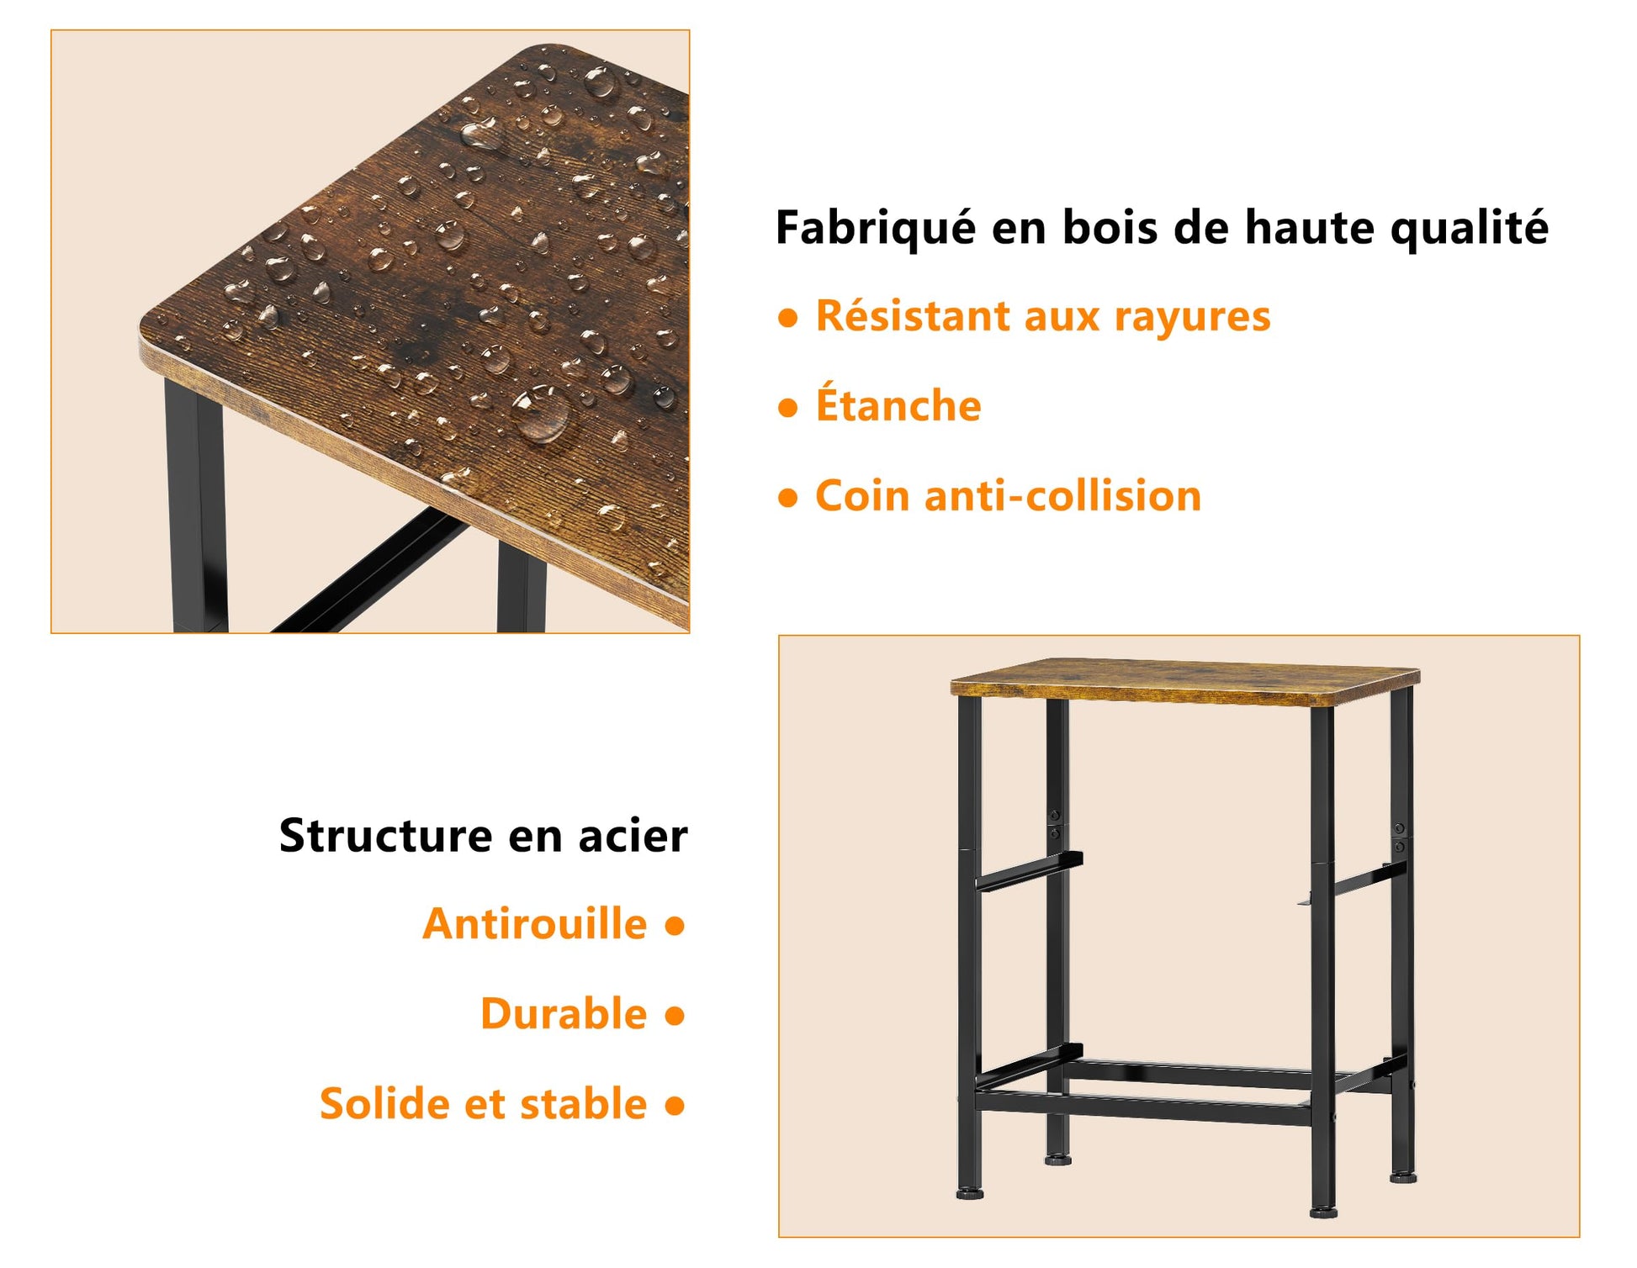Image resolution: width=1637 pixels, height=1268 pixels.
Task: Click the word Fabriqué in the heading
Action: tap(875, 229)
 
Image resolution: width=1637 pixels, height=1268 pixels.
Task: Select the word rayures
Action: tap(1192, 317)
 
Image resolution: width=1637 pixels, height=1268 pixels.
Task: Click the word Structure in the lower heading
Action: tap(386, 836)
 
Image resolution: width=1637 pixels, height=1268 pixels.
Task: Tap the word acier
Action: tap(633, 836)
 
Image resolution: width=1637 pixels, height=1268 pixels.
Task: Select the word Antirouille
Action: tap(535, 924)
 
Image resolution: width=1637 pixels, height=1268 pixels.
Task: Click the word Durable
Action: tap(564, 1013)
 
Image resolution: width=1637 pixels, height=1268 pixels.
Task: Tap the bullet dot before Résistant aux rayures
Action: tap(788, 319)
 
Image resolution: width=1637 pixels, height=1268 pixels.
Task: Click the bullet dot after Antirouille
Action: tap(675, 926)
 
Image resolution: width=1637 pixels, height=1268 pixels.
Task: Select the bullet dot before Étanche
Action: tap(788, 409)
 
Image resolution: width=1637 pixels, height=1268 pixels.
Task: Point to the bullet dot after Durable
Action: tap(675, 1016)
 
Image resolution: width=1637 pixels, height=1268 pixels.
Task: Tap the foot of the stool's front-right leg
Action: tap(1323, 1213)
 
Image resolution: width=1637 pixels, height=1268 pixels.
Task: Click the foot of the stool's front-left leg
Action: tap(970, 1192)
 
